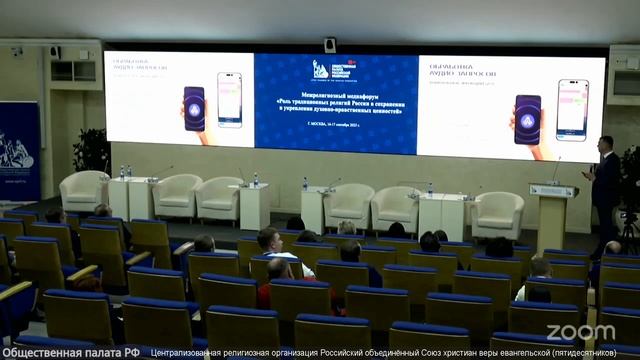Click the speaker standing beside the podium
click(x=605, y=190)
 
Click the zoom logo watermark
click(x=580, y=332)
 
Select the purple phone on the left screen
click(x=194, y=108)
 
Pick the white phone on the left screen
click(x=229, y=99)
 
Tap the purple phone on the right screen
click(x=527, y=119)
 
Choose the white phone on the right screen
click(x=572, y=109)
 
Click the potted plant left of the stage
click(x=93, y=151)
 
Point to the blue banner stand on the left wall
click(x=19, y=151)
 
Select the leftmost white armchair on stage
click(x=83, y=190)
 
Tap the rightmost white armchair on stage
click(x=497, y=213)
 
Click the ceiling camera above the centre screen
click(x=330, y=44)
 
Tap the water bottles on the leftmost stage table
click(x=125, y=172)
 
